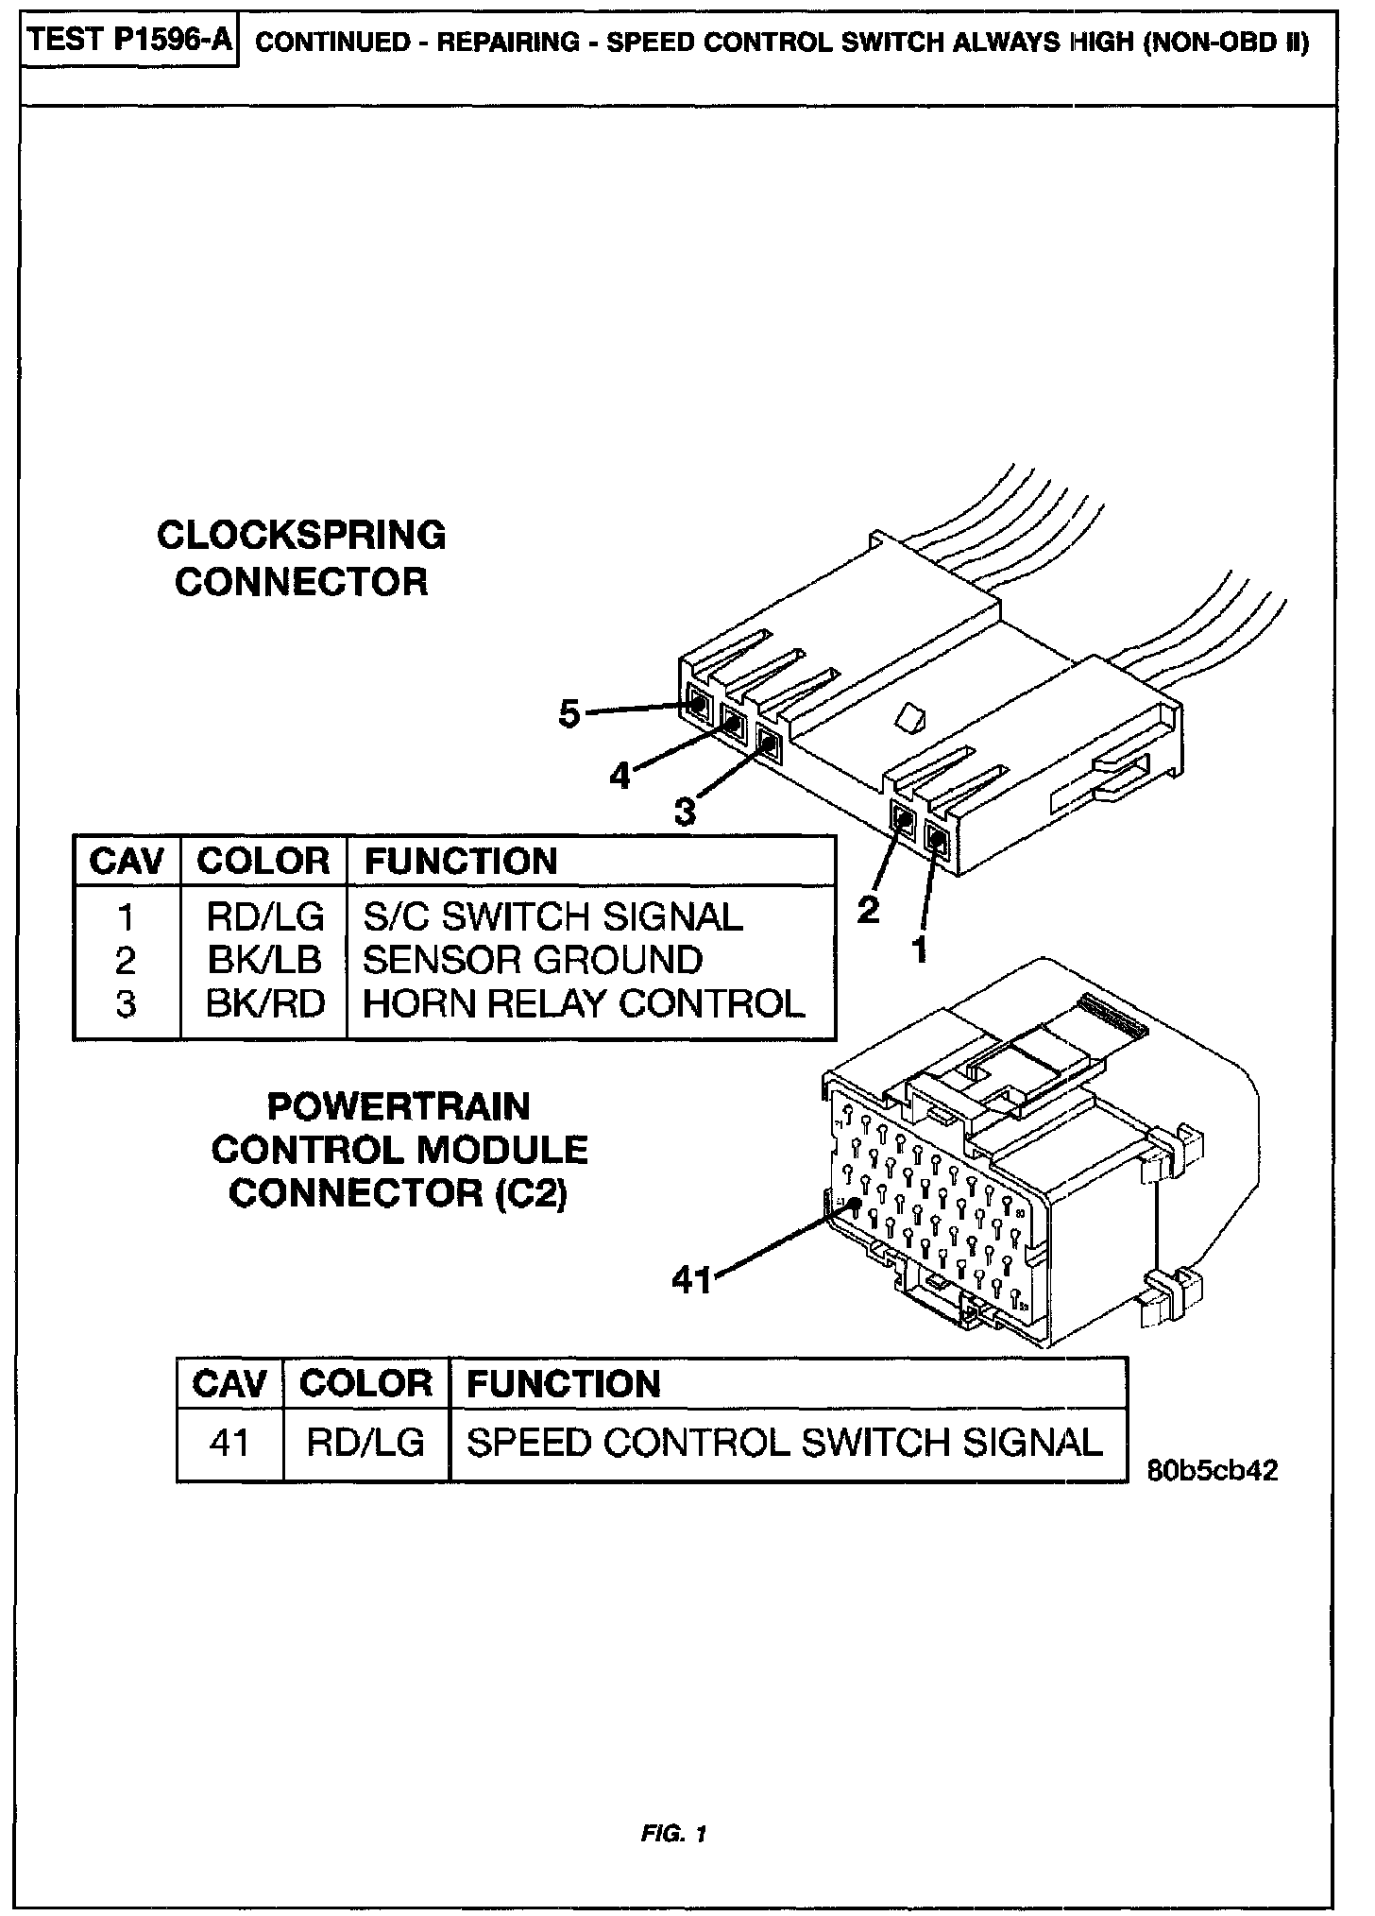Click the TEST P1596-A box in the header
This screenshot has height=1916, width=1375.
tap(129, 43)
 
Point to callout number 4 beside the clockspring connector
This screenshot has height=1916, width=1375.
tap(620, 776)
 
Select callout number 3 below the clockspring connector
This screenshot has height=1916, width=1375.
tap(685, 811)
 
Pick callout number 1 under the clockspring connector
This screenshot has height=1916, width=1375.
tap(918, 949)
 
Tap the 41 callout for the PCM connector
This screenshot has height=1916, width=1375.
tap(691, 1280)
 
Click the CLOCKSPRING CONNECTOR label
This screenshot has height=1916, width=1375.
tap(301, 558)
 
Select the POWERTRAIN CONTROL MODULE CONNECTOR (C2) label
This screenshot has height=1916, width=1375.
tap(399, 1150)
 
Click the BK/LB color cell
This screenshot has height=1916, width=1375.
tap(264, 960)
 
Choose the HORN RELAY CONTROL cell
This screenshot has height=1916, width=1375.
tap(584, 1003)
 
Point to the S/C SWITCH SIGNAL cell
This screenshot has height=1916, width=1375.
tap(552, 916)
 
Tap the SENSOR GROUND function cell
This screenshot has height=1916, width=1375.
tap(533, 960)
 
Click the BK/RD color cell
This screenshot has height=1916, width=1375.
tap(265, 1003)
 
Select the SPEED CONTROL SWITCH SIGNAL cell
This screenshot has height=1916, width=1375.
tap(785, 1443)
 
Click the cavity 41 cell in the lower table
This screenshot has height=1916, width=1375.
tap(229, 1443)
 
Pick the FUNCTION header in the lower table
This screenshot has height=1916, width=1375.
tap(564, 1384)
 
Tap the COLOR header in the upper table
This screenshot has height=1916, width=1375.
tap(263, 861)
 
